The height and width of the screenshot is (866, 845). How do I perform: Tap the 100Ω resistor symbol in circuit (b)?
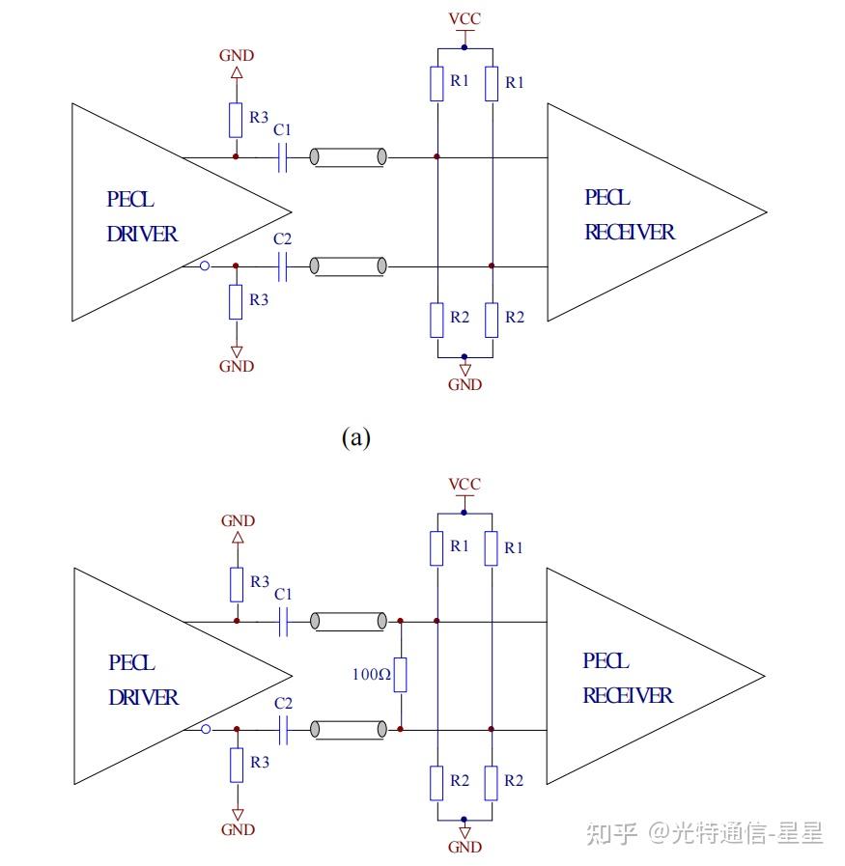tap(401, 675)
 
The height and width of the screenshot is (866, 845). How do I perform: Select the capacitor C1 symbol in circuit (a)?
tap(283, 157)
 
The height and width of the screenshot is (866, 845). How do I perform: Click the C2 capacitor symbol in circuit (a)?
tap(283, 265)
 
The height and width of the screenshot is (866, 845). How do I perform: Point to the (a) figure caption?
tap(355, 437)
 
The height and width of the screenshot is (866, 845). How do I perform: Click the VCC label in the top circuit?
tap(465, 19)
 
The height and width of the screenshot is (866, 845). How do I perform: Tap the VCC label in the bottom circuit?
tap(465, 484)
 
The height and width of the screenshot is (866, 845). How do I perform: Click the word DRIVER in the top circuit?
tap(143, 234)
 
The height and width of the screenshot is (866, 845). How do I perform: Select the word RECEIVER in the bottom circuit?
tap(628, 696)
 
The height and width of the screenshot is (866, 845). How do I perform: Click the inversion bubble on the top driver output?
tap(204, 265)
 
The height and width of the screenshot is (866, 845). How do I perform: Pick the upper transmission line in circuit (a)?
tap(349, 157)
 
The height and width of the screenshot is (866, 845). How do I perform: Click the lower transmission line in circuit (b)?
tap(350, 729)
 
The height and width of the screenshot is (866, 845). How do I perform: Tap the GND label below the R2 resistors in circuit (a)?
tap(465, 385)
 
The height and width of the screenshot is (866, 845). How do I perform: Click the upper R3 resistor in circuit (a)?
tap(236, 121)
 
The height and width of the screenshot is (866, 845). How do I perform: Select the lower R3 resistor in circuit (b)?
tap(237, 766)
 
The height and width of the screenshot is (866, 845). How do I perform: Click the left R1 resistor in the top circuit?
tap(437, 84)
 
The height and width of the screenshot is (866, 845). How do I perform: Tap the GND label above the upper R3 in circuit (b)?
tap(238, 520)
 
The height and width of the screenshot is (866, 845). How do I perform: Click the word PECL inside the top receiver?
tap(607, 198)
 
